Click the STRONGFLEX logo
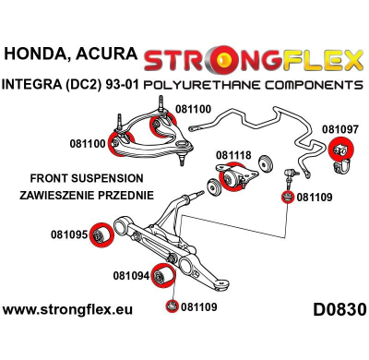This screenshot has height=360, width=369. [x=254, y=61]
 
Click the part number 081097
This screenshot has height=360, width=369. [x=339, y=130]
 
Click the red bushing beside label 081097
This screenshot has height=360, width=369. [x=339, y=150]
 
